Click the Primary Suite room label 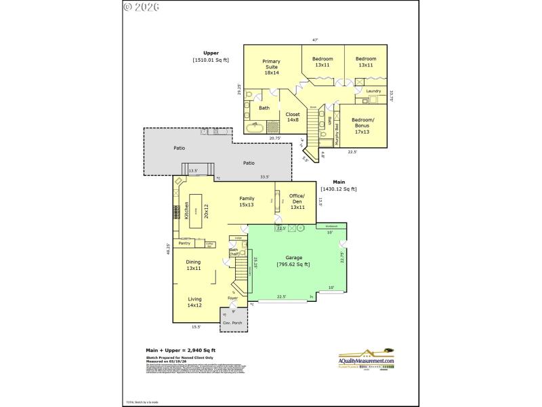[x=271, y=66]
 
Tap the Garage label [x=293, y=257]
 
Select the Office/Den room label [x=297, y=201]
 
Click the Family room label [x=247, y=201]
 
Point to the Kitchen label [x=186, y=211]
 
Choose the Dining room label [x=194, y=265]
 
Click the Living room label [x=194, y=302]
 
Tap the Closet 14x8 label [x=293, y=117]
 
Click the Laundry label [x=373, y=91]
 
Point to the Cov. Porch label [x=232, y=323]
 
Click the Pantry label [x=184, y=242]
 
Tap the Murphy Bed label [x=337, y=128]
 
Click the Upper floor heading [x=211, y=53]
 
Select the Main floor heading [x=339, y=182]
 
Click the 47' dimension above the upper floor [x=315, y=40]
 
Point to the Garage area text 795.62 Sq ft [x=293, y=264]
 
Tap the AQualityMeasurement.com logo [x=366, y=357]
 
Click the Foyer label [x=232, y=298]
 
